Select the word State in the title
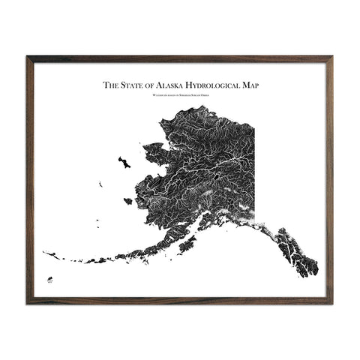point(131,86)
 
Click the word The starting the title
point(109,86)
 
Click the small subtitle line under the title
point(179,97)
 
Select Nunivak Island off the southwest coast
point(128,201)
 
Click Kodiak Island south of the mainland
point(187,244)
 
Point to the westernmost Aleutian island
point(46,253)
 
